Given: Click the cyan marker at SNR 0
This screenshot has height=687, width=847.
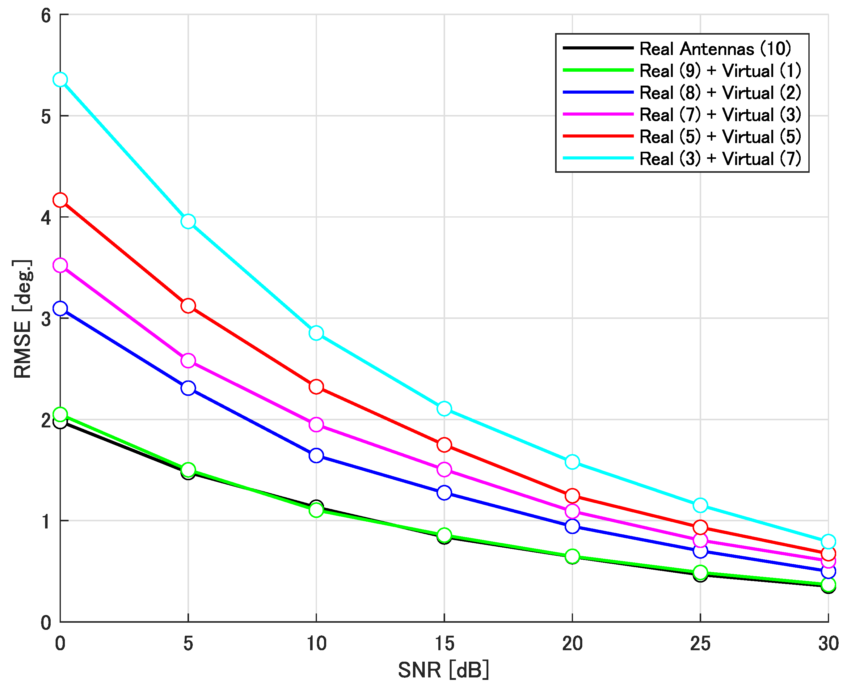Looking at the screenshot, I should click(60, 79).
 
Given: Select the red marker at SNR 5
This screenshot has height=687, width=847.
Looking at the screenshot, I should click(188, 306).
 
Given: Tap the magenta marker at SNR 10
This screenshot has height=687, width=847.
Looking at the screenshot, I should click(316, 425).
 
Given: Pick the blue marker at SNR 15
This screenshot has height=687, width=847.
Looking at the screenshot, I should click(444, 493).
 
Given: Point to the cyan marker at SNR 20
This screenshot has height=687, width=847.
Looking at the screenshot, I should click(572, 462).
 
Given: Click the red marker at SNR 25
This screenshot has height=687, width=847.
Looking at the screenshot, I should click(700, 527).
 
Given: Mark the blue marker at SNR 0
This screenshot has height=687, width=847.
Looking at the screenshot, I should click(60, 308).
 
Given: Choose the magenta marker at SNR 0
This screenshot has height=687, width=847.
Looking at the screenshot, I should click(60, 265).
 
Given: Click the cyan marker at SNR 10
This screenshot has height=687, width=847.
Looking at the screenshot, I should click(316, 333).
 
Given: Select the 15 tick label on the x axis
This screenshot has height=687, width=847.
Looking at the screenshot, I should click(444, 644).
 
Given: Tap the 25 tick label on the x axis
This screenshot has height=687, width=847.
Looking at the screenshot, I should click(700, 644).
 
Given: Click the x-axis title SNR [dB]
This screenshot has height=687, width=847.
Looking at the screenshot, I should click(444, 670).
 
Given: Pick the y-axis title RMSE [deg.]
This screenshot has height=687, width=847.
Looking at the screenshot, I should click(23, 319).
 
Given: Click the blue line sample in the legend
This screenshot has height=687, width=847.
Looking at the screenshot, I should click(598, 92).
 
